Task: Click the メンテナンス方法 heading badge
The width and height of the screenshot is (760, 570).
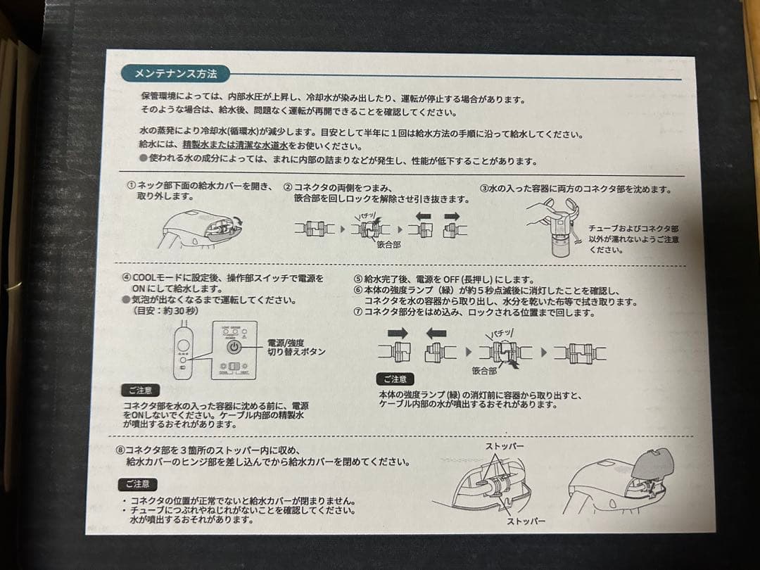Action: tap(175, 73)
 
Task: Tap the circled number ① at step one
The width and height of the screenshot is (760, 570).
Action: tap(131, 187)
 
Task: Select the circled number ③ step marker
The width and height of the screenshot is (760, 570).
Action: tap(484, 189)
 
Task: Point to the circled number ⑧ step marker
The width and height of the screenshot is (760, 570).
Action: tap(120, 450)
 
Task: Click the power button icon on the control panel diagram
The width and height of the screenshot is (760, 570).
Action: tap(234, 347)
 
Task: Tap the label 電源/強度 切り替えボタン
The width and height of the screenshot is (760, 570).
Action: tap(296, 347)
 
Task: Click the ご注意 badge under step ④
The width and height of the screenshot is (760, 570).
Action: tap(141, 390)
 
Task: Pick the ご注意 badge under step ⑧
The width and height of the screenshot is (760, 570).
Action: tap(137, 484)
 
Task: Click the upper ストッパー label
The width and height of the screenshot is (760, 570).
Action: tap(505, 447)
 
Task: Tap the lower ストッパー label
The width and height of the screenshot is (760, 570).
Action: tap(526, 521)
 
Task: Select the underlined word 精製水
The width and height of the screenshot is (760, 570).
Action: tap(196, 146)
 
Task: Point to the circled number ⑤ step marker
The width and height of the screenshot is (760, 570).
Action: tap(357, 279)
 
